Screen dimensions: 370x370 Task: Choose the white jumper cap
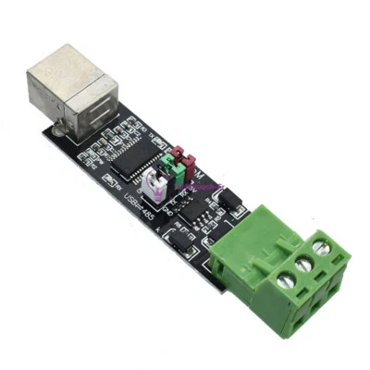click(158, 191)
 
